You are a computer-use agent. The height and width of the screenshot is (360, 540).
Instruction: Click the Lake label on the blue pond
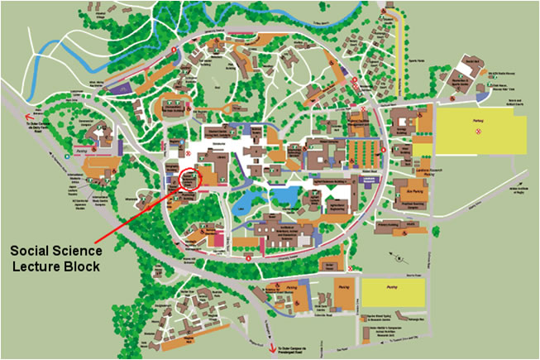tap(284, 196)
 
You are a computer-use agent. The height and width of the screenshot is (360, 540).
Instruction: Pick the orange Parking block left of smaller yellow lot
tap(343, 295)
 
